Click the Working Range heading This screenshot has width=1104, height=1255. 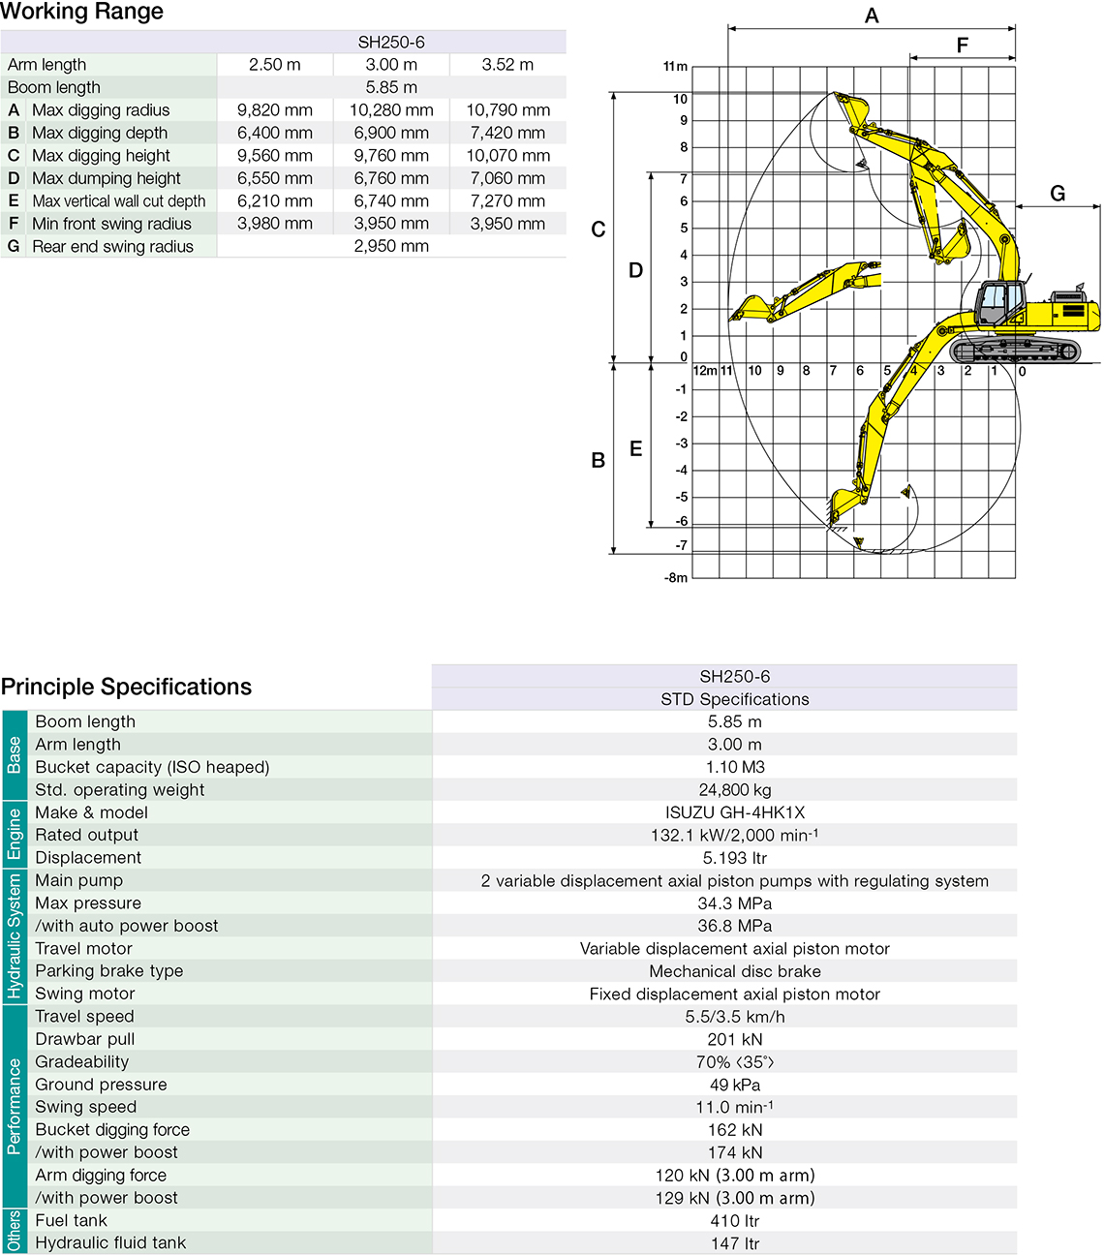point(82,13)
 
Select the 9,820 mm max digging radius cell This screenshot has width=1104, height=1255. point(275,110)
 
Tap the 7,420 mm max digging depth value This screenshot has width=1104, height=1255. point(507,133)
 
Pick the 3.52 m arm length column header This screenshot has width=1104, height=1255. point(507,65)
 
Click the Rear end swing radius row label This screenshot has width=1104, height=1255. point(112,247)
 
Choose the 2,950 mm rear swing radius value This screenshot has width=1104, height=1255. point(391,247)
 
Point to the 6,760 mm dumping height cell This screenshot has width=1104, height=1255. point(391,178)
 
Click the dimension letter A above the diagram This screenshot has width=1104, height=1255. point(872,16)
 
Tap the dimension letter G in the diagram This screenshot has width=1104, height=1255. point(1058,194)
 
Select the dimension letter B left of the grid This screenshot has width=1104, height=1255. point(598,461)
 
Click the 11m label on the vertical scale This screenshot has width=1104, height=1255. point(675,67)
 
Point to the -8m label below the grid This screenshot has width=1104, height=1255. point(676,578)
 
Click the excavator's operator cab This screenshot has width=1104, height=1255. point(999,303)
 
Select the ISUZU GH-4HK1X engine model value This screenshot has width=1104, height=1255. point(735,812)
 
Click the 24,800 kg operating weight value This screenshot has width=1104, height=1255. point(735,790)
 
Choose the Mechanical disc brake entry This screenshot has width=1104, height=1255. point(735,971)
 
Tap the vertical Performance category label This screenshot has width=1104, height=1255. point(14,1106)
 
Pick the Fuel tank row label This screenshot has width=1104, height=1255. point(72,1220)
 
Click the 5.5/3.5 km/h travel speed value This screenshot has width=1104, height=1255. point(735,1017)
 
